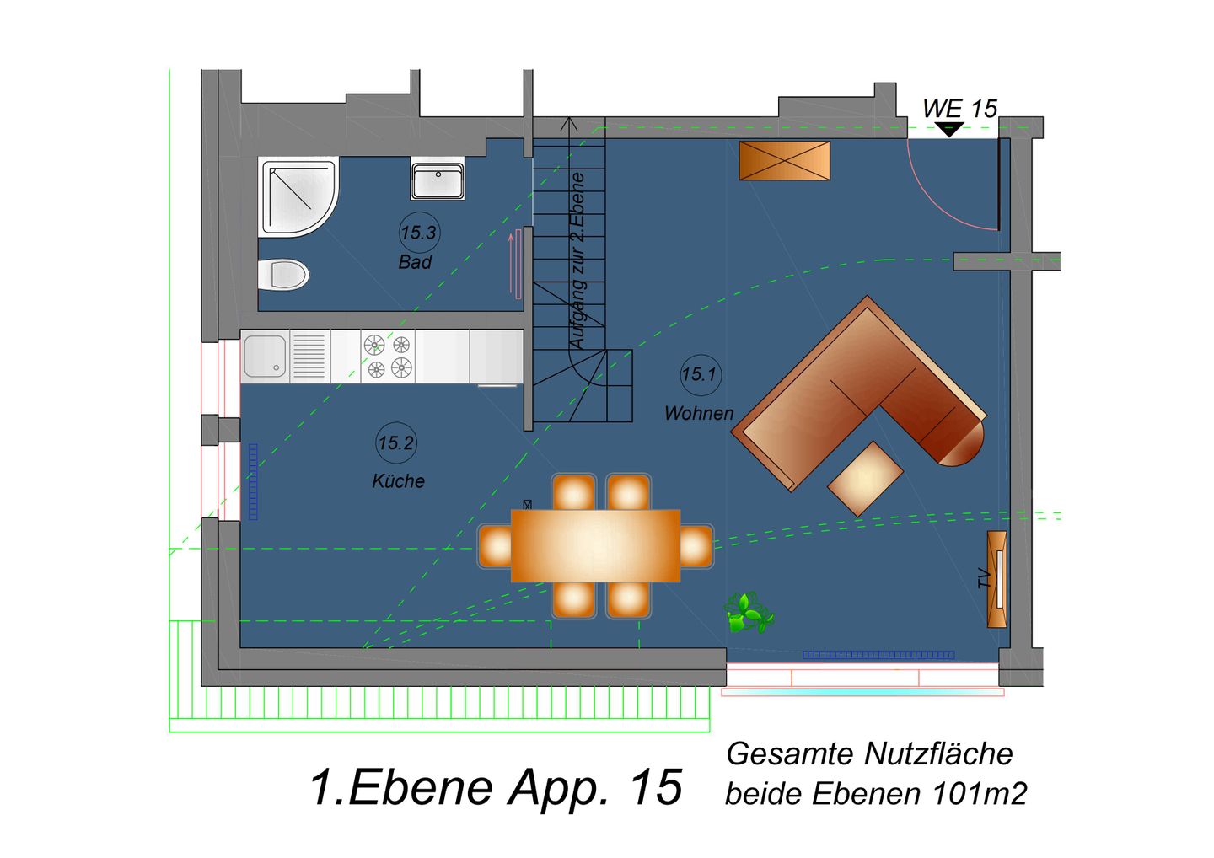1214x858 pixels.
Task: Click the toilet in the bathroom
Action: click(x=284, y=275)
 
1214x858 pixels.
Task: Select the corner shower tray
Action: click(x=297, y=196)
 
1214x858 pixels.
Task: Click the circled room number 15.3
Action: click(x=418, y=233)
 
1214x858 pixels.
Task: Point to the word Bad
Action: click(x=415, y=262)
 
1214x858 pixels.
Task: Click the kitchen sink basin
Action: click(x=265, y=357)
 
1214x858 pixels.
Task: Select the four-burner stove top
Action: click(x=388, y=357)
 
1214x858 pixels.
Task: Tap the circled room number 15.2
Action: click(x=396, y=442)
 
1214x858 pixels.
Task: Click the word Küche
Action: click(x=398, y=481)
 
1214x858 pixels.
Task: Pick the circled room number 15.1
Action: click(x=700, y=374)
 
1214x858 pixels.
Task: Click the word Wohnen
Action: click(x=698, y=414)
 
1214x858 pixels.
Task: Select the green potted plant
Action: click(x=747, y=613)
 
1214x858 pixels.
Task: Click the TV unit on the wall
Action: click(x=997, y=579)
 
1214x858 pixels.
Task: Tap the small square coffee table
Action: click(x=865, y=478)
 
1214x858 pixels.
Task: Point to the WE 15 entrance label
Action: click(x=959, y=109)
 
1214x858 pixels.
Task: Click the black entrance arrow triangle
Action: click(x=949, y=129)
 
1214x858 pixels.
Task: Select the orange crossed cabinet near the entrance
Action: click(x=784, y=160)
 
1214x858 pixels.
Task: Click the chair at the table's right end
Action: click(x=696, y=546)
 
